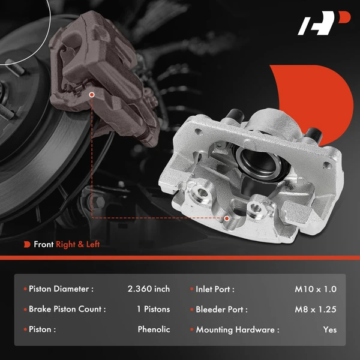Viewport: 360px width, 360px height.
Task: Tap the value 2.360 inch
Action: [x=149, y=289]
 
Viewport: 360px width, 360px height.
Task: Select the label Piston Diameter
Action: [x=61, y=289]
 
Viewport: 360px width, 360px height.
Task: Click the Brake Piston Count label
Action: [x=67, y=310]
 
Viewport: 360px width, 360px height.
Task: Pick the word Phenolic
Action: [x=154, y=329]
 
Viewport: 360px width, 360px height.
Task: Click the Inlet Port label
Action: [x=215, y=289]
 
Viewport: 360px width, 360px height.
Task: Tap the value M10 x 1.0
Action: [x=316, y=289]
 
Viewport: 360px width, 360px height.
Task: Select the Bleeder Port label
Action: [x=221, y=310]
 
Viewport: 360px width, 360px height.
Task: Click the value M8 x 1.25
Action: [x=316, y=310]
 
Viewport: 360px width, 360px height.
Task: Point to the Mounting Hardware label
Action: [x=238, y=329]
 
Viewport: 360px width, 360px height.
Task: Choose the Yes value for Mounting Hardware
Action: [x=329, y=329]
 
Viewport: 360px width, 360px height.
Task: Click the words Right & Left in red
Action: [x=78, y=244]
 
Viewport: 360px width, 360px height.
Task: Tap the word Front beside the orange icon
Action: [x=44, y=244]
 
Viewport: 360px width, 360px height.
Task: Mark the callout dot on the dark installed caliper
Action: [x=91, y=94]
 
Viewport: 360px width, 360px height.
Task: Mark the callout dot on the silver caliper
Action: [x=227, y=218]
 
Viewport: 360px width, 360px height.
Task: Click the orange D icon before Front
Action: [x=27, y=244]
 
